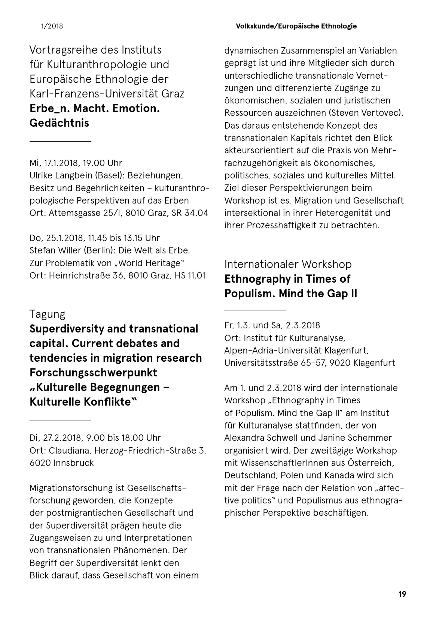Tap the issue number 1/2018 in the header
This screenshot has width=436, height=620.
[x=52, y=26]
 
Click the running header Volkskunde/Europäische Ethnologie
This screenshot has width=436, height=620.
[x=296, y=26]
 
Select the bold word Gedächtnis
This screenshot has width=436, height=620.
[x=59, y=123]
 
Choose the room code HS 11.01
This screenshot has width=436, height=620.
[x=190, y=275]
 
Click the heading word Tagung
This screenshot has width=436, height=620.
[x=47, y=314]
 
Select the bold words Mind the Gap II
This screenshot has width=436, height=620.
[x=318, y=294]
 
